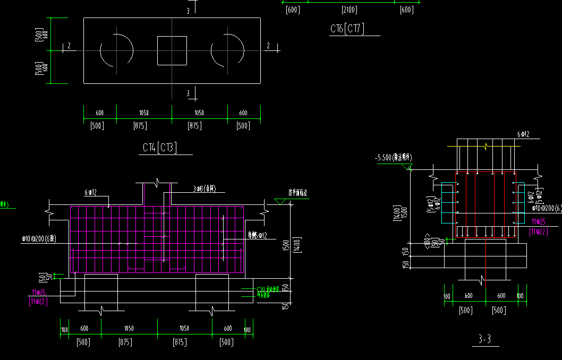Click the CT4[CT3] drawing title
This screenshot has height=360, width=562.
159,148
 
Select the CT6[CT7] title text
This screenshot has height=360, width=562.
347,29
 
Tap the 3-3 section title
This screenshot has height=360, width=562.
484,339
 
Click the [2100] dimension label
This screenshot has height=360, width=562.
350,10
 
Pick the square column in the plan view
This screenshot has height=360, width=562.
172,50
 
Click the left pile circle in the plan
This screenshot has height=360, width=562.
117,50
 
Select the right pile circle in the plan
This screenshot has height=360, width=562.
227,50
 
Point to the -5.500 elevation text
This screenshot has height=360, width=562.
393,158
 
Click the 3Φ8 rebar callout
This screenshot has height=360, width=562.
207,188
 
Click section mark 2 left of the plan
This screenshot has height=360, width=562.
69,47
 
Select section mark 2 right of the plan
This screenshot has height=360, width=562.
268,47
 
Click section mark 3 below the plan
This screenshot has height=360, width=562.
188,93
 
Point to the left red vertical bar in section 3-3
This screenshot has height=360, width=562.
475,204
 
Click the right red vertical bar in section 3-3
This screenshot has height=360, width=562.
494,204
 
